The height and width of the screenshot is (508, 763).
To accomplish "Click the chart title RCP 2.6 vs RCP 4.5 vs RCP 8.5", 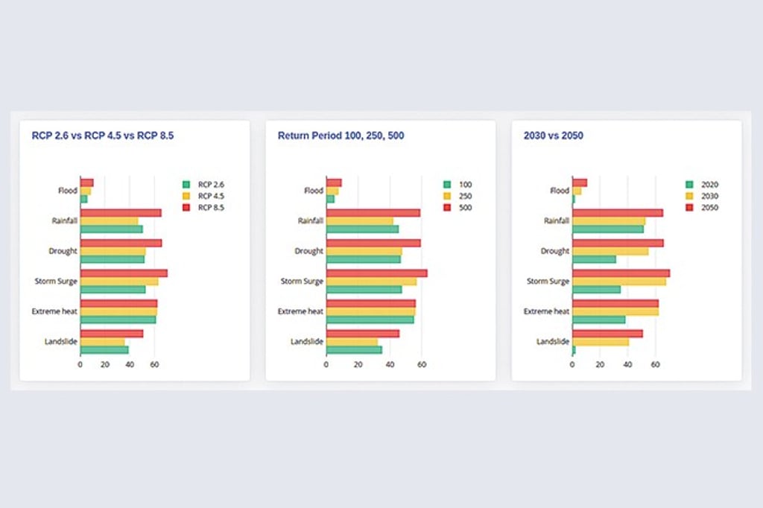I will pyautogui.click(x=102, y=136).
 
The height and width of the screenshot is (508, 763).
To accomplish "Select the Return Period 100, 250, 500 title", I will pyautogui.click(x=341, y=136).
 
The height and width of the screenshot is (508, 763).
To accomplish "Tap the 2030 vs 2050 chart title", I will pyautogui.click(x=554, y=136).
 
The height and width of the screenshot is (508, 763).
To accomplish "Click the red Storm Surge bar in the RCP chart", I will pyautogui.click(x=124, y=273).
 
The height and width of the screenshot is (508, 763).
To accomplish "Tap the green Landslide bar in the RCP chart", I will pyautogui.click(x=104, y=349).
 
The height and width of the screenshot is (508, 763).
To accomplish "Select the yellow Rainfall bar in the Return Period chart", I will pyautogui.click(x=359, y=220).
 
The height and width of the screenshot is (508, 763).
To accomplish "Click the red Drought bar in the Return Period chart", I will pyautogui.click(x=373, y=243).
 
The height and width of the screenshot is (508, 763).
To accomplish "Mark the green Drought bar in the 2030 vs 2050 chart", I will pyautogui.click(x=595, y=259).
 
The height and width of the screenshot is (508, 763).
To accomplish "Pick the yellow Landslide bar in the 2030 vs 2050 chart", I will pyautogui.click(x=601, y=342).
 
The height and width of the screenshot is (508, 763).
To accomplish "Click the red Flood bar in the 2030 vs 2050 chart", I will pyautogui.click(x=580, y=182).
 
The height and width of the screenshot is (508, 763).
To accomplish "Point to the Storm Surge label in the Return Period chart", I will pyautogui.click(x=302, y=282).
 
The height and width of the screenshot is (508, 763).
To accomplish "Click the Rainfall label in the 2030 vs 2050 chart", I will pyautogui.click(x=557, y=220).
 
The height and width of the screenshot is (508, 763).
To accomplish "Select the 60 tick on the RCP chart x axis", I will pyautogui.click(x=154, y=365).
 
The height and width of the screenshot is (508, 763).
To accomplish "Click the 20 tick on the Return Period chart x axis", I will pyautogui.click(x=358, y=365).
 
